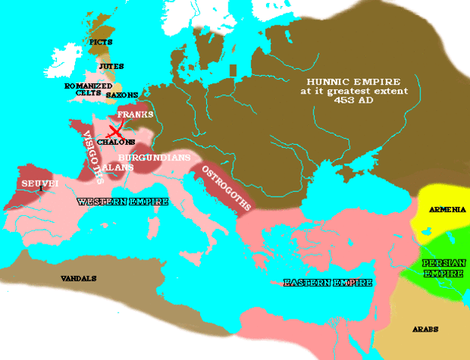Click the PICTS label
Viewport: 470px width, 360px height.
point(100,42)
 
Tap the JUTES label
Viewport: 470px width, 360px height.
point(111,67)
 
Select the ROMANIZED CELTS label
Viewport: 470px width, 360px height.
point(83,90)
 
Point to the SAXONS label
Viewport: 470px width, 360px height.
point(121,95)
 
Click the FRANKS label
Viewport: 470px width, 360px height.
point(139,114)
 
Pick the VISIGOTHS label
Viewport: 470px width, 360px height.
point(91,154)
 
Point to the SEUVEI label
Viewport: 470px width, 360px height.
point(34,184)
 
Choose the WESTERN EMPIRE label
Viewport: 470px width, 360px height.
point(112,202)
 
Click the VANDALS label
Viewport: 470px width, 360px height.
point(79,278)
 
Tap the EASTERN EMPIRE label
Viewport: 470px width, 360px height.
point(327,283)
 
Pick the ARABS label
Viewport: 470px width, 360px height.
point(424,329)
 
